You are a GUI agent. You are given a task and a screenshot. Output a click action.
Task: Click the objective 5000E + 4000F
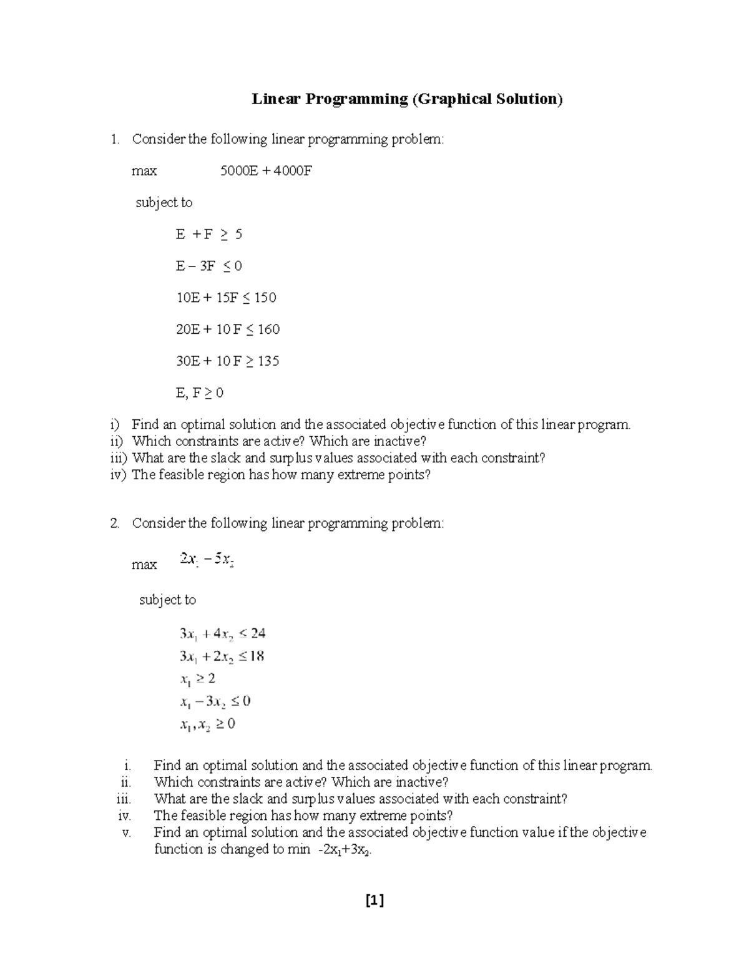click(x=266, y=171)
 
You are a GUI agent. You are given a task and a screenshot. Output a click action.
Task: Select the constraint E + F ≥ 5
click(x=208, y=235)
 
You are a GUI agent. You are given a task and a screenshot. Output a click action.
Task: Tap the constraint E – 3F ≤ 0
click(x=208, y=266)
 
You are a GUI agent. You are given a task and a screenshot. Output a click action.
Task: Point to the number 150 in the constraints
click(x=265, y=298)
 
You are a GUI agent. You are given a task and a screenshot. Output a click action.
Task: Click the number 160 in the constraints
click(x=268, y=329)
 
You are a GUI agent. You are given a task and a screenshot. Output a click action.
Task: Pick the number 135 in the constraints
click(x=268, y=361)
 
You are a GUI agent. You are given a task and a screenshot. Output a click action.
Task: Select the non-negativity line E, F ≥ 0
click(x=199, y=393)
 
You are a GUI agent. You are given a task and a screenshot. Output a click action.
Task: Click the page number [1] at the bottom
click(x=374, y=900)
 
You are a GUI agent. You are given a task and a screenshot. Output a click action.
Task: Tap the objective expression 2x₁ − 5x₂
click(x=207, y=560)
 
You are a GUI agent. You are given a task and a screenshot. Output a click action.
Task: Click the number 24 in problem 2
click(x=258, y=634)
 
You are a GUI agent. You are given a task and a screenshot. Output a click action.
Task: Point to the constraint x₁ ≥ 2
click(x=197, y=679)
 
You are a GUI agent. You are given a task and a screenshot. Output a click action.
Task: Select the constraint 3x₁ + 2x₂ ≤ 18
click(x=222, y=656)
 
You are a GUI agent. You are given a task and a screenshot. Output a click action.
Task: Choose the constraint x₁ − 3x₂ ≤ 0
click(x=215, y=701)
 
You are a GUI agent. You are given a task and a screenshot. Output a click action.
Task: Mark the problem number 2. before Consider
click(x=115, y=523)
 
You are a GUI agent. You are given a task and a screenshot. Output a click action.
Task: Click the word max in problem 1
click(x=144, y=171)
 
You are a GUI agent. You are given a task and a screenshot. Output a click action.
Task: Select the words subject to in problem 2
click(x=167, y=600)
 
